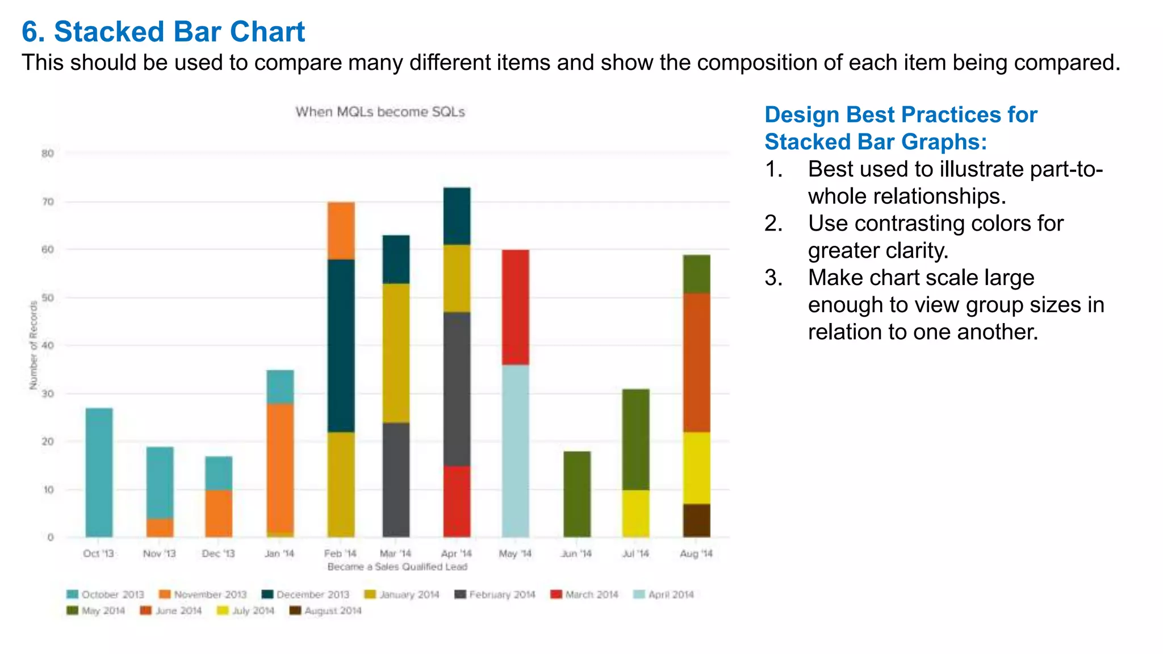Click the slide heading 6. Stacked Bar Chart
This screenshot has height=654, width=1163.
(x=163, y=32)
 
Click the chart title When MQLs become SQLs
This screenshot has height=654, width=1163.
(x=380, y=112)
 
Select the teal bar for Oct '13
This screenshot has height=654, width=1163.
(x=99, y=472)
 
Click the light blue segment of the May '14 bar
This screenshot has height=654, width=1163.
(x=515, y=451)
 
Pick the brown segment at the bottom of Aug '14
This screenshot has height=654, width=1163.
(x=696, y=521)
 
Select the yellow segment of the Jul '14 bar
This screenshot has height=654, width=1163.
(x=635, y=513)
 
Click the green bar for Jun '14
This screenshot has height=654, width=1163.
(x=577, y=494)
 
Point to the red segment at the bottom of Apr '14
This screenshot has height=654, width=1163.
(x=457, y=501)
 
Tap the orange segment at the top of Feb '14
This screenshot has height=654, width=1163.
(x=341, y=230)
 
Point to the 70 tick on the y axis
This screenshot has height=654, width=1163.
(x=48, y=202)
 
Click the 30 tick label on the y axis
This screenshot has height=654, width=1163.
(x=48, y=393)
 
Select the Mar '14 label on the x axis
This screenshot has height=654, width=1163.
(x=395, y=554)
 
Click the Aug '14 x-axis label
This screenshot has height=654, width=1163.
(x=696, y=554)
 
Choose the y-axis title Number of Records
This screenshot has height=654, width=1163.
(x=34, y=345)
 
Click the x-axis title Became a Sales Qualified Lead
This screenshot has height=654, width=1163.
(x=397, y=567)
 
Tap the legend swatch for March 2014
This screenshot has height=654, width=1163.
(x=557, y=594)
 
